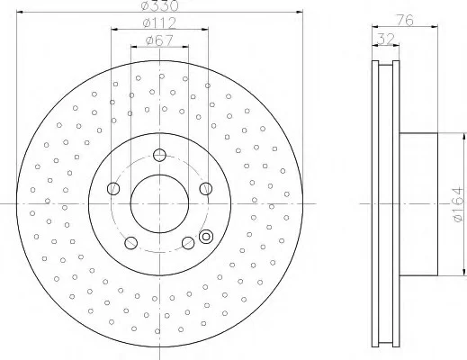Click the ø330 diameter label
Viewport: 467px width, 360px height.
[x=159, y=5]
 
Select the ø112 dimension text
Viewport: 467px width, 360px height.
[x=159, y=22]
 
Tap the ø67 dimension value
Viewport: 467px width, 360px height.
[x=159, y=40]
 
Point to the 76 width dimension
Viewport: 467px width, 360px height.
[x=405, y=20]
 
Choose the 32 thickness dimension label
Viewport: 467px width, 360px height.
[x=385, y=39]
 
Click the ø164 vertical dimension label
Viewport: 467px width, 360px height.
[x=458, y=204]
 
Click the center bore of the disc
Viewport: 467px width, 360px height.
[x=159, y=203]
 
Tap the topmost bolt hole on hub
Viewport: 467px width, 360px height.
[x=159, y=155]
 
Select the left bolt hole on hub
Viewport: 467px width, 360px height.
[x=113, y=188]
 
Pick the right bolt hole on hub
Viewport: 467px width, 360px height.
[x=206, y=188]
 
